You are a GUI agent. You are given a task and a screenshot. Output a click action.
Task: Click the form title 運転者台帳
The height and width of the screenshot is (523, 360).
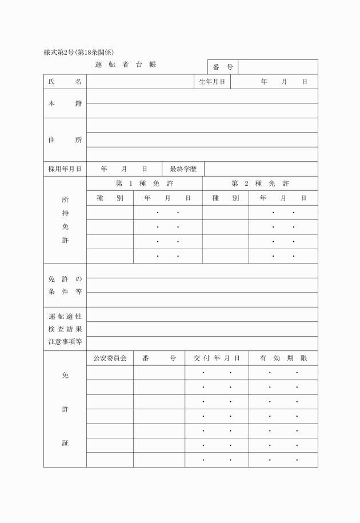tap(126, 65)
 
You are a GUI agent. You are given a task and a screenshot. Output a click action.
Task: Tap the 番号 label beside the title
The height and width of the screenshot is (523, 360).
tap(222, 67)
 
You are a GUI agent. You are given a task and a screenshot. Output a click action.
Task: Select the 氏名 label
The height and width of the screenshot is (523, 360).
tap(65, 82)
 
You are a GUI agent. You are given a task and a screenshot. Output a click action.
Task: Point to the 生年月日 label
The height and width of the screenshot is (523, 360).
tap(211, 82)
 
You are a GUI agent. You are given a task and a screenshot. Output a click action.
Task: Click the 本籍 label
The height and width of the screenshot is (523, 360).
tap(65, 103)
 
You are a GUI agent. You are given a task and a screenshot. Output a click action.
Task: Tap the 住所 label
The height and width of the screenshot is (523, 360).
tap(65, 140)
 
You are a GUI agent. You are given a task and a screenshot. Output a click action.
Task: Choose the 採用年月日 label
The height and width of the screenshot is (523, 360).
tap(65, 169)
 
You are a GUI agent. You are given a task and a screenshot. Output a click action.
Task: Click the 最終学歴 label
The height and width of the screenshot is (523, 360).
tap(183, 169)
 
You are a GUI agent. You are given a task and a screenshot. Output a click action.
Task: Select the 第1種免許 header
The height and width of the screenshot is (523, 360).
tap(145, 183)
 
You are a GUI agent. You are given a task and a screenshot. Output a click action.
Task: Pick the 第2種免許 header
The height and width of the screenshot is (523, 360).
tap(260, 183)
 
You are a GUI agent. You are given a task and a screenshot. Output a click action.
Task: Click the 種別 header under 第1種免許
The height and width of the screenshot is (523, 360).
tap(110, 198)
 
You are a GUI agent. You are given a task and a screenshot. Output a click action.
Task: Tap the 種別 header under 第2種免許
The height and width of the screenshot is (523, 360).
tap(225, 198)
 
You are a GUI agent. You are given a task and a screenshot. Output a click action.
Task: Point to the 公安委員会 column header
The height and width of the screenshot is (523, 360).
tap(110, 358)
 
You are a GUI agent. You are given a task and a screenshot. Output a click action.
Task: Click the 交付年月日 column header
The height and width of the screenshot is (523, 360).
tap(217, 358)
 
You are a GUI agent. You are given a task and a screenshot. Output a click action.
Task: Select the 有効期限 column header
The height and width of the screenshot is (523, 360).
tap(283, 358)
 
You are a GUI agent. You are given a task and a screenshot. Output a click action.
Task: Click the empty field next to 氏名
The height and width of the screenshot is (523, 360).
tap(140, 82)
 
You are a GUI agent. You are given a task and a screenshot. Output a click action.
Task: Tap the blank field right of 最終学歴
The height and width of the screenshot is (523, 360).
tap(261, 169)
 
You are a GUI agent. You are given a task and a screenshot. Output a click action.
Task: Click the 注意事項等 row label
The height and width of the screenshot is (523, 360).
tap(65, 343)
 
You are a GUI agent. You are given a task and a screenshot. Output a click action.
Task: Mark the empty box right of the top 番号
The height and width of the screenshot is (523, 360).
tap(278, 67)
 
